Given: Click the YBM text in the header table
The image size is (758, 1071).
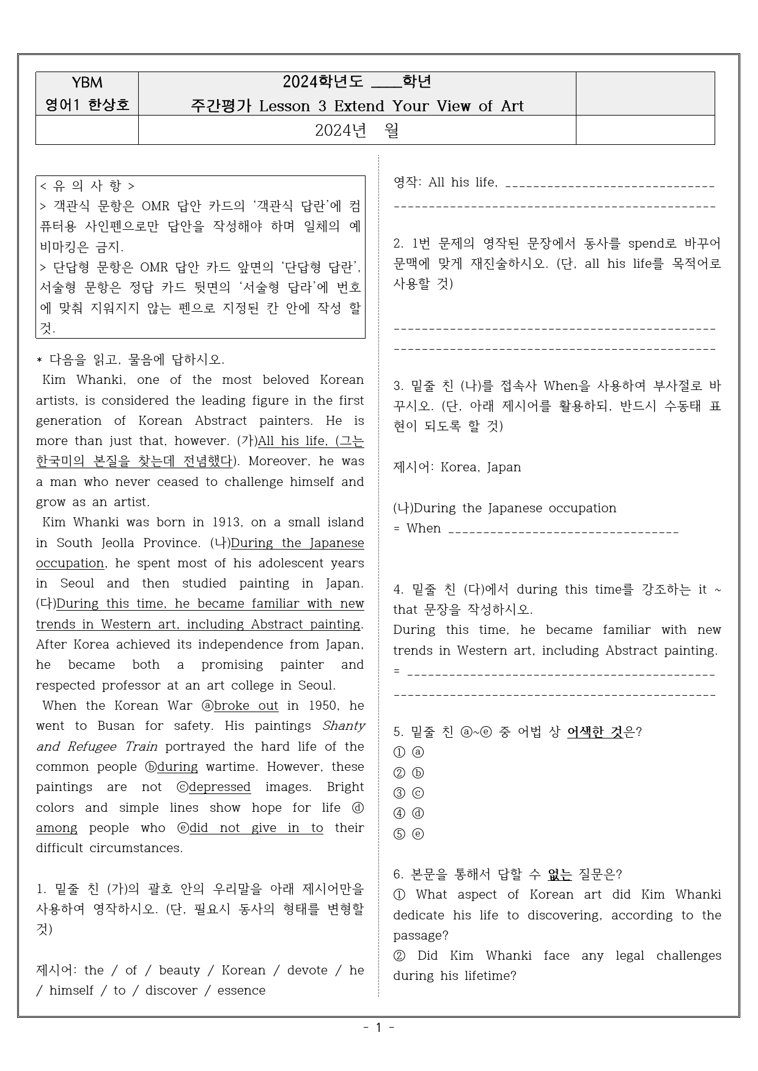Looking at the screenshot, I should coord(87,83).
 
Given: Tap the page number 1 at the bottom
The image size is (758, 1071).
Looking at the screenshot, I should coord(378,1028).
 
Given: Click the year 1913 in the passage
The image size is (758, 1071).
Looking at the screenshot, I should coord(227,523).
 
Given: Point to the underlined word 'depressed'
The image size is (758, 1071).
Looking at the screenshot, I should coord(219,787).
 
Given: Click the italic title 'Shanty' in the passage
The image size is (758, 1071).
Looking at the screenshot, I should coord(344,726).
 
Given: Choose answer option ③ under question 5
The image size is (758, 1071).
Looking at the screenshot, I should coord(400,793).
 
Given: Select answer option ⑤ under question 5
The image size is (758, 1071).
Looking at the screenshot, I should coord(400,834).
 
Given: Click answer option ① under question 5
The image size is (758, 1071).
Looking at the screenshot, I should coord(400,753).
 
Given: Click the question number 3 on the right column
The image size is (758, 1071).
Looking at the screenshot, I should coord(399,386).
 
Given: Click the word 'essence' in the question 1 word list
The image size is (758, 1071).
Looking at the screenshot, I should coord(241,991).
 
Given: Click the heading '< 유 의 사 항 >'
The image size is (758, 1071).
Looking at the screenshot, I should coord(87,186).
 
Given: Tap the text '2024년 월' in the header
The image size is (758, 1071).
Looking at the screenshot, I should coord(357,130).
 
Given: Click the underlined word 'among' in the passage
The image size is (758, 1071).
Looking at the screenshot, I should coord(57,828).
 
